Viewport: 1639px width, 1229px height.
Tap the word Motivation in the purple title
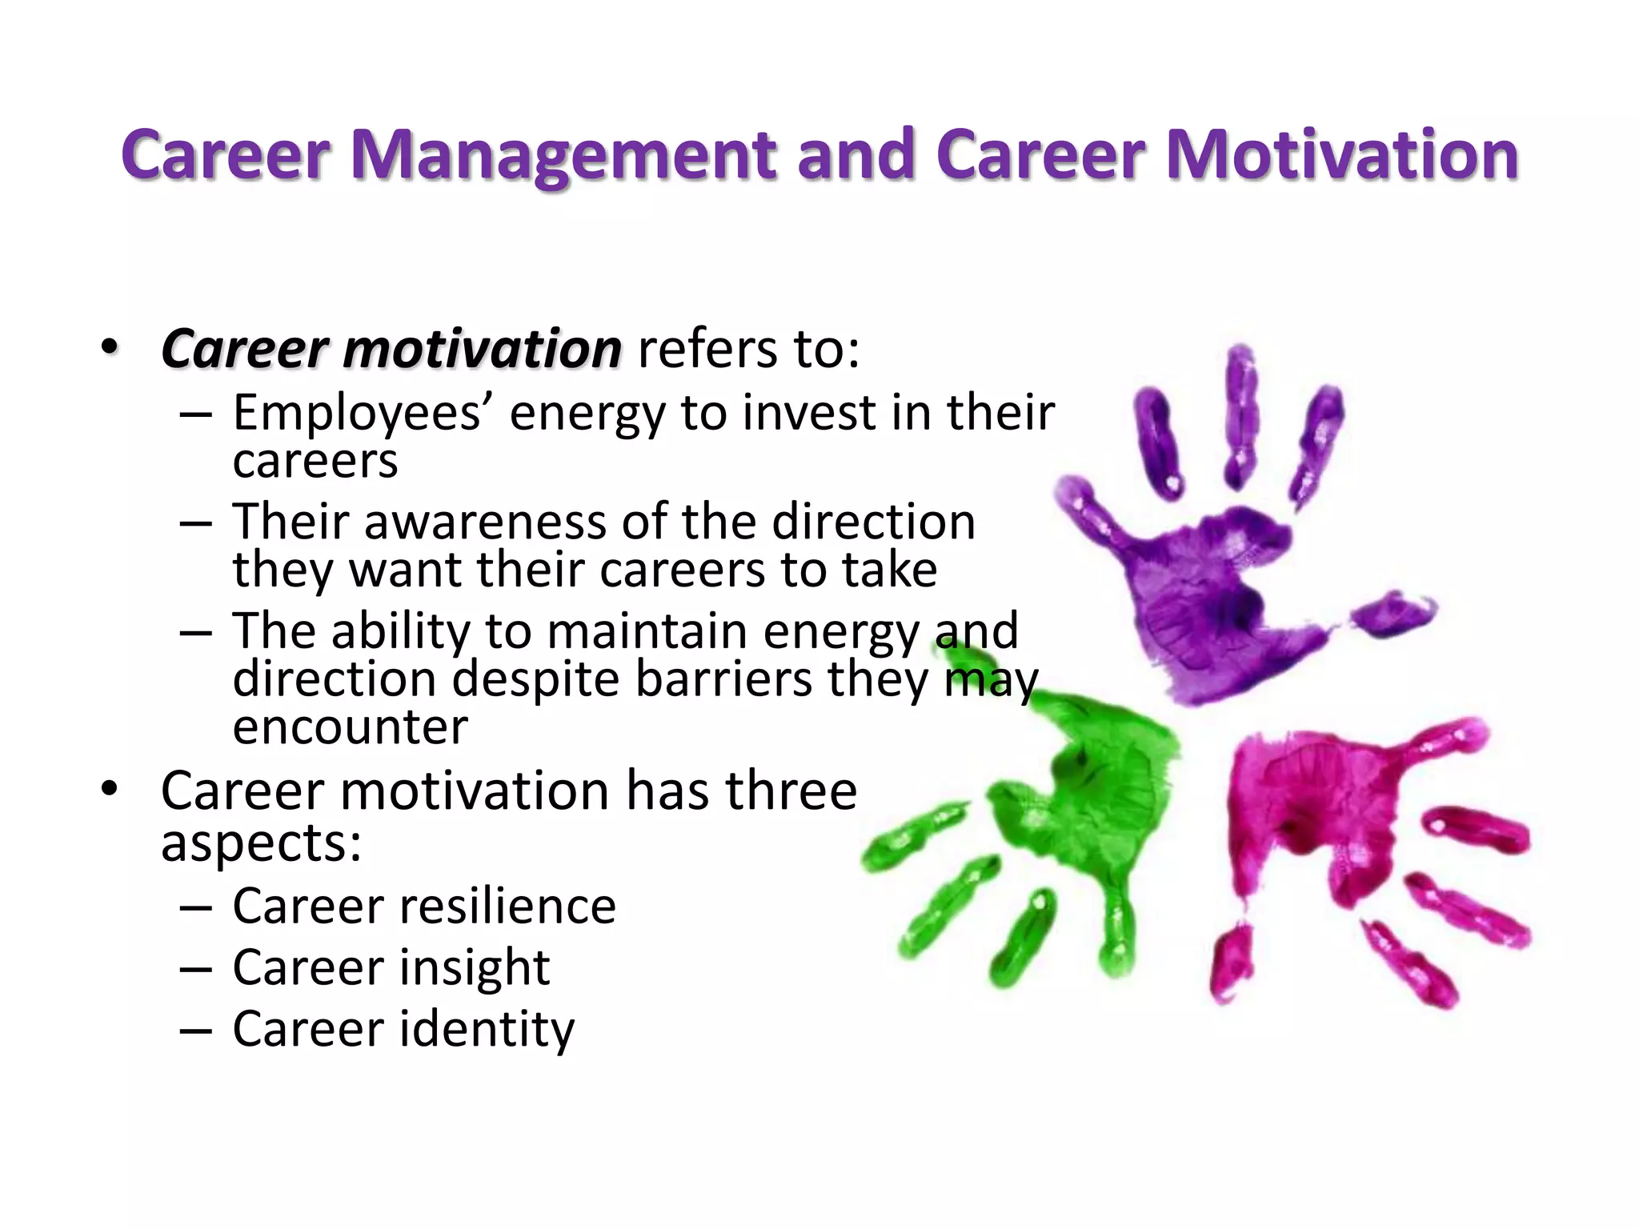tap(1342, 154)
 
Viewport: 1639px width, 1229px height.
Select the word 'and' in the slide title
tap(856, 154)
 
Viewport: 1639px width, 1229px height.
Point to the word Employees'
tap(367, 414)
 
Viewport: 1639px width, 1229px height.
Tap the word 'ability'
tap(403, 632)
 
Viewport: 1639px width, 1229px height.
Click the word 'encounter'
tap(350, 728)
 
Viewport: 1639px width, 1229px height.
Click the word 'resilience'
tap(507, 907)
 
